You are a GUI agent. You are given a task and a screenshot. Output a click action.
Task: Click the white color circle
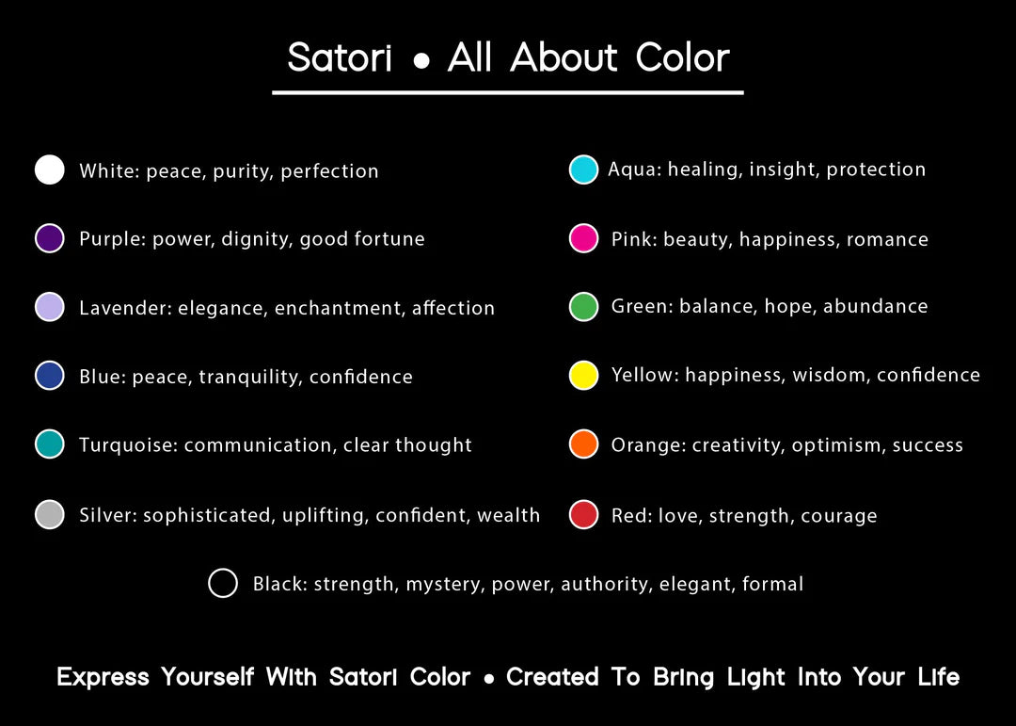tap(49, 170)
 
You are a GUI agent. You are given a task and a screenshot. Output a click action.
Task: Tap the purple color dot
tap(49, 238)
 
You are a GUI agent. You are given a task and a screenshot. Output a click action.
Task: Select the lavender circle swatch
tap(49, 307)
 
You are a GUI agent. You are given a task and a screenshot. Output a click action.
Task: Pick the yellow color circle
tap(583, 375)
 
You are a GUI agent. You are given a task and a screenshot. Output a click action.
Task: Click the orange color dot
tap(583, 444)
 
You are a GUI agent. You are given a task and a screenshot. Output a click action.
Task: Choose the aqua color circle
tap(583, 169)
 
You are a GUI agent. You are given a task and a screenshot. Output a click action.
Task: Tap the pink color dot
tap(583, 238)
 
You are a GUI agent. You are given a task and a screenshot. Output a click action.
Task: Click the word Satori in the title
tap(340, 57)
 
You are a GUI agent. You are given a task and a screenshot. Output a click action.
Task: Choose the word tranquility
tap(251, 377)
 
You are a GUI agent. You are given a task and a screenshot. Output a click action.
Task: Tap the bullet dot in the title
tap(421, 61)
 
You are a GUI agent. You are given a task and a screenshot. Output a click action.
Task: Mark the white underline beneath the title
tap(507, 93)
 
